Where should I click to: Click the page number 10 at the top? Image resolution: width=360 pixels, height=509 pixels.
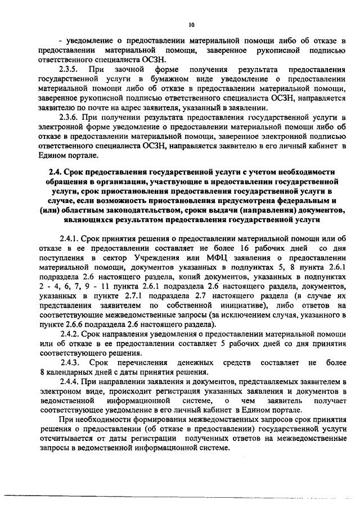click(x=191, y=25)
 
